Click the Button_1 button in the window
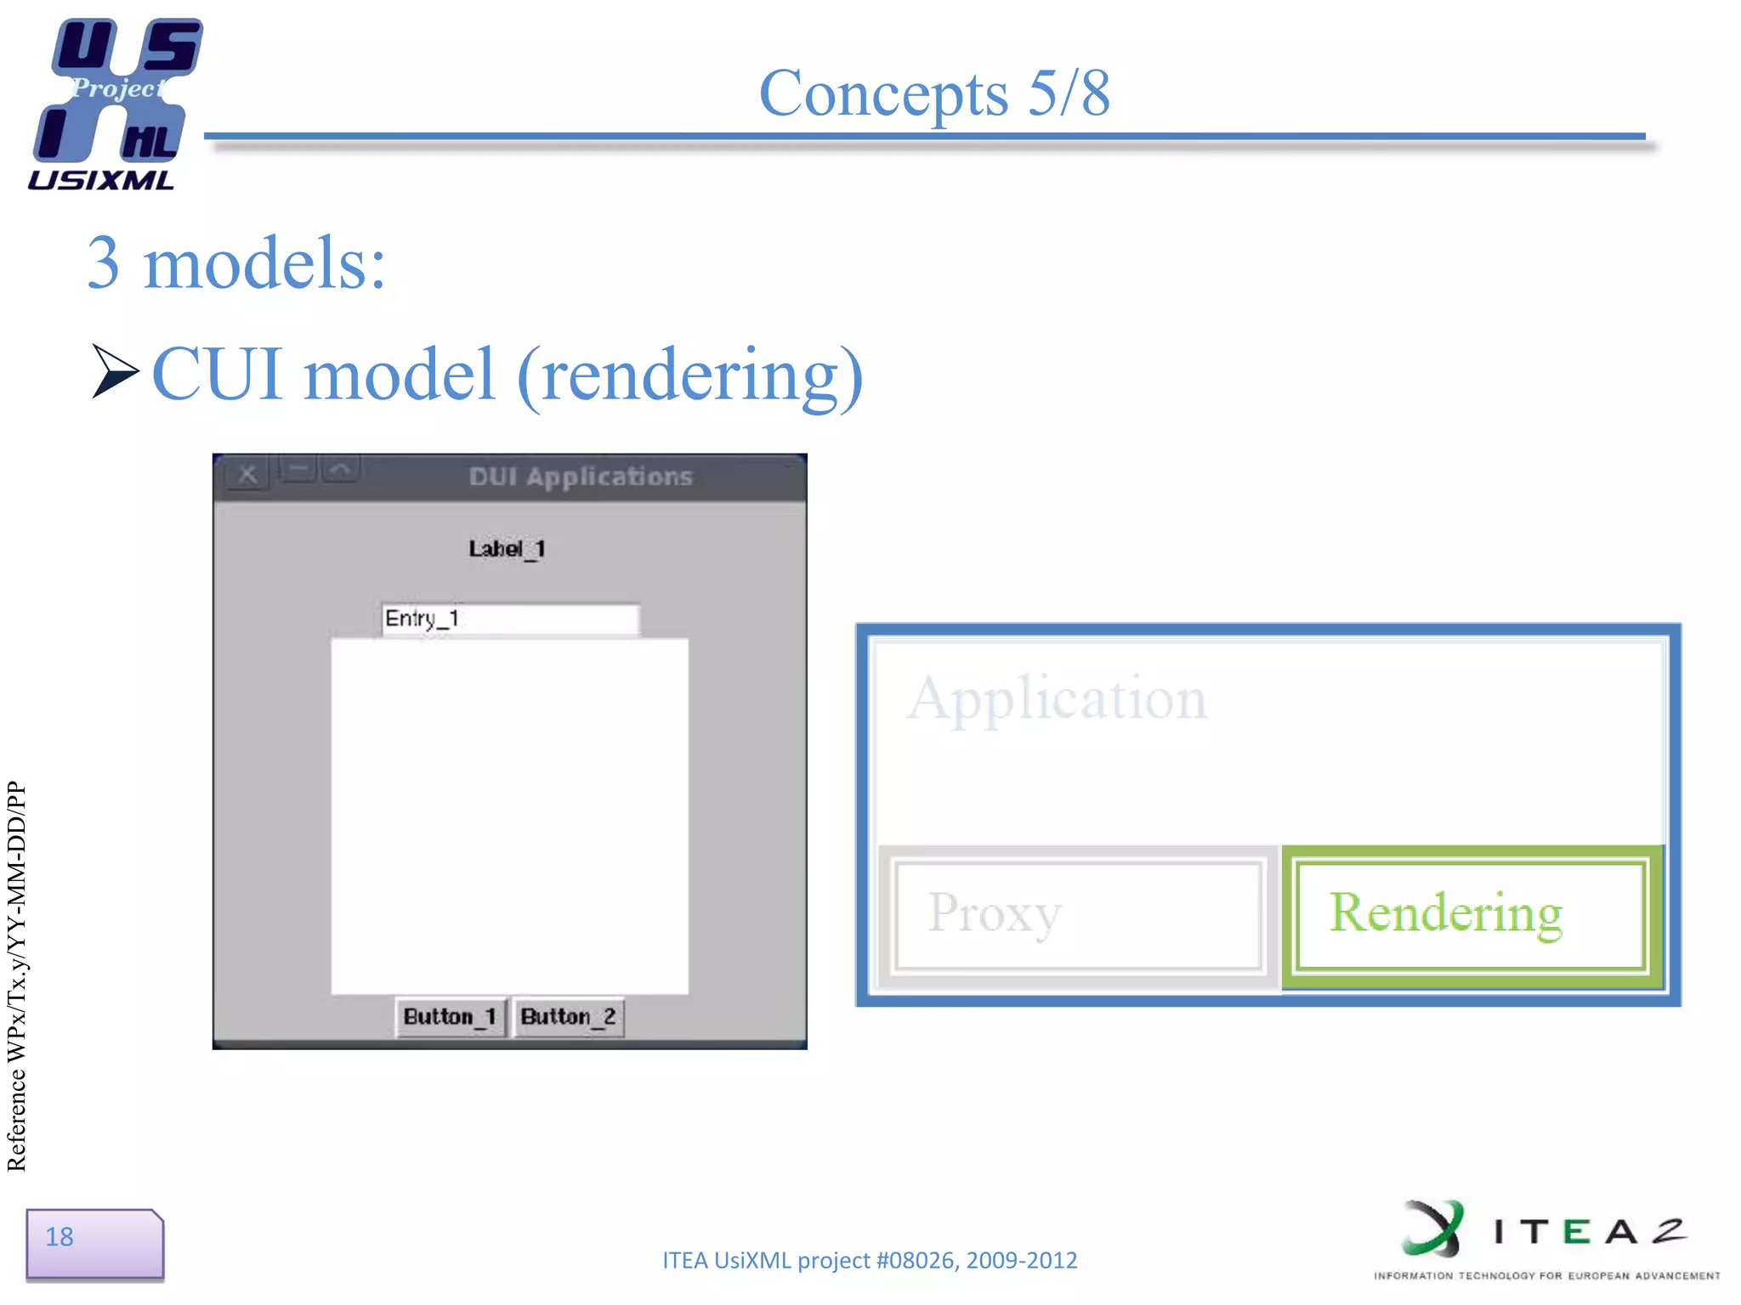click(451, 1017)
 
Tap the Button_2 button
click(569, 1017)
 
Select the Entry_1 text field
click(510, 619)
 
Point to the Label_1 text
click(507, 549)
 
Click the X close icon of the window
click(247, 474)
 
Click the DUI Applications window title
click(581, 477)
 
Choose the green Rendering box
click(1471, 915)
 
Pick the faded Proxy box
click(1078, 915)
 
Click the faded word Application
click(1057, 699)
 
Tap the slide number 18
click(60, 1237)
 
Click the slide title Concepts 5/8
click(933, 93)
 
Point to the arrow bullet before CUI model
click(114, 371)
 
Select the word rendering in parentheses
click(690, 376)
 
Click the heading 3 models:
click(236, 263)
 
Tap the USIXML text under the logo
click(101, 180)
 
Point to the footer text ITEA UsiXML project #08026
click(869, 1260)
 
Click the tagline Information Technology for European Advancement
click(1546, 1275)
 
